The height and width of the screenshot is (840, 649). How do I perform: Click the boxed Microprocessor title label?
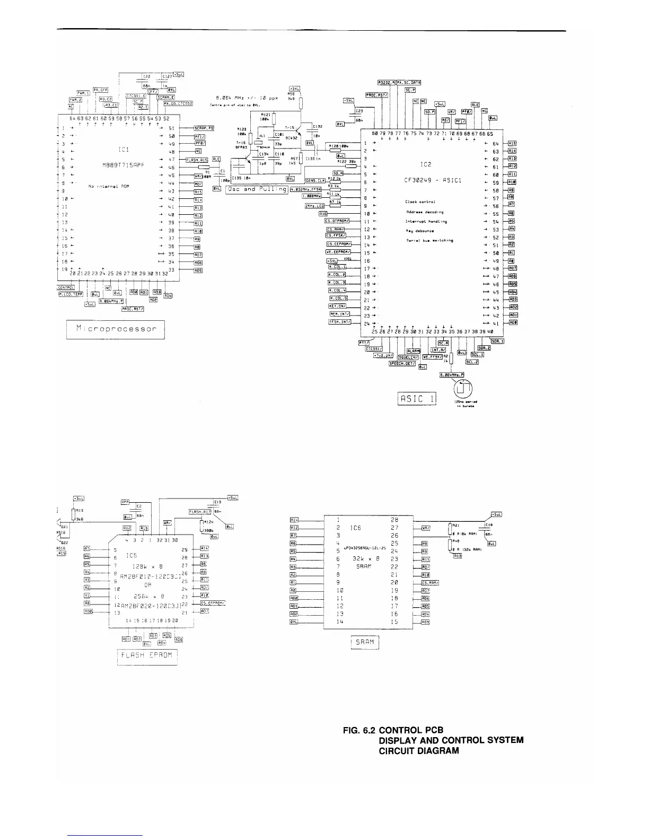pyautogui.click(x=116, y=329)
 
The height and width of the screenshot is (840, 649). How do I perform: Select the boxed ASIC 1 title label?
pyautogui.click(x=417, y=398)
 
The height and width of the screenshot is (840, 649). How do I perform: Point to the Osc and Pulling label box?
pyautogui.click(x=257, y=189)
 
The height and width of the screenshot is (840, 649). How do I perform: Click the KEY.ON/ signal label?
pyautogui.click(x=338, y=306)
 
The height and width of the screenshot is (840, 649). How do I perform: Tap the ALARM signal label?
pyautogui.click(x=413, y=350)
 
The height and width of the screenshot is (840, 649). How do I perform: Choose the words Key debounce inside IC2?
pyautogui.click(x=420, y=231)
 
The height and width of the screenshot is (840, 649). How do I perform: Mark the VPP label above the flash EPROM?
pyautogui.click(x=125, y=501)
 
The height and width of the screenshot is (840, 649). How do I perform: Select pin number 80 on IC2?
pyautogui.click(x=375, y=133)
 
